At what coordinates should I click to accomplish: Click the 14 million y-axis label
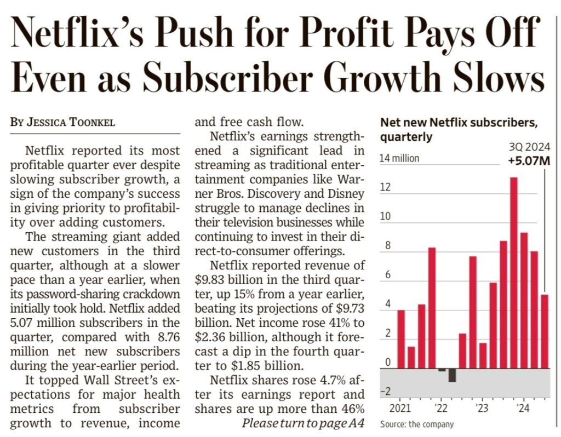(399, 159)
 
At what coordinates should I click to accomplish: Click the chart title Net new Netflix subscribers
(459, 122)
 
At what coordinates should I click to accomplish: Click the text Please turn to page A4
(303, 423)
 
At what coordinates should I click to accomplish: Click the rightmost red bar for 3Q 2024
(544, 331)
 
